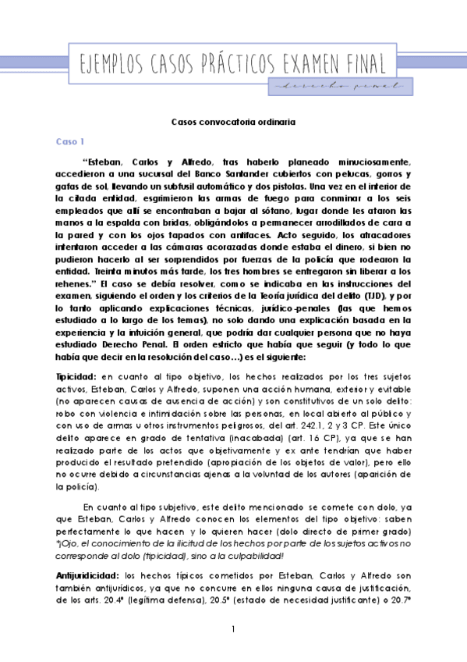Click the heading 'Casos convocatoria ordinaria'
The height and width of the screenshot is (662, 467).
pyautogui.click(x=233, y=122)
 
